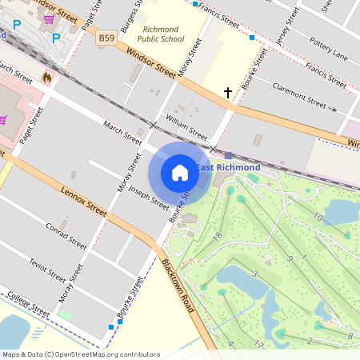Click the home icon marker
point(180,172)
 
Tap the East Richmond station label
point(229,167)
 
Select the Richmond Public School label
point(161,34)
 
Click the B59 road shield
point(106,38)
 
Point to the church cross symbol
point(228,93)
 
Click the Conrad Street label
point(66,237)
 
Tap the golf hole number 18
point(217,237)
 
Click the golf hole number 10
point(317,218)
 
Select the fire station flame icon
point(46,78)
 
